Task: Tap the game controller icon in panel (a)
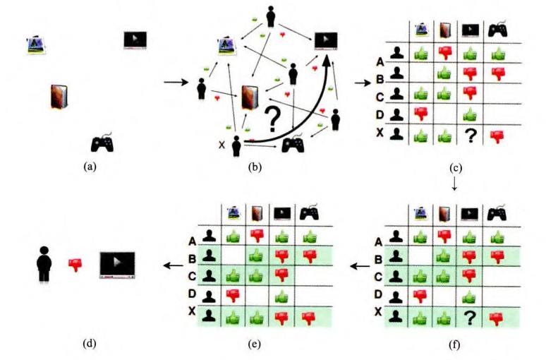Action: click(103, 143)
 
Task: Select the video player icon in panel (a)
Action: click(135, 40)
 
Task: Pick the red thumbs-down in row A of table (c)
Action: click(444, 52)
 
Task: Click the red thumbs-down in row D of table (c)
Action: click(420, 112)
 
